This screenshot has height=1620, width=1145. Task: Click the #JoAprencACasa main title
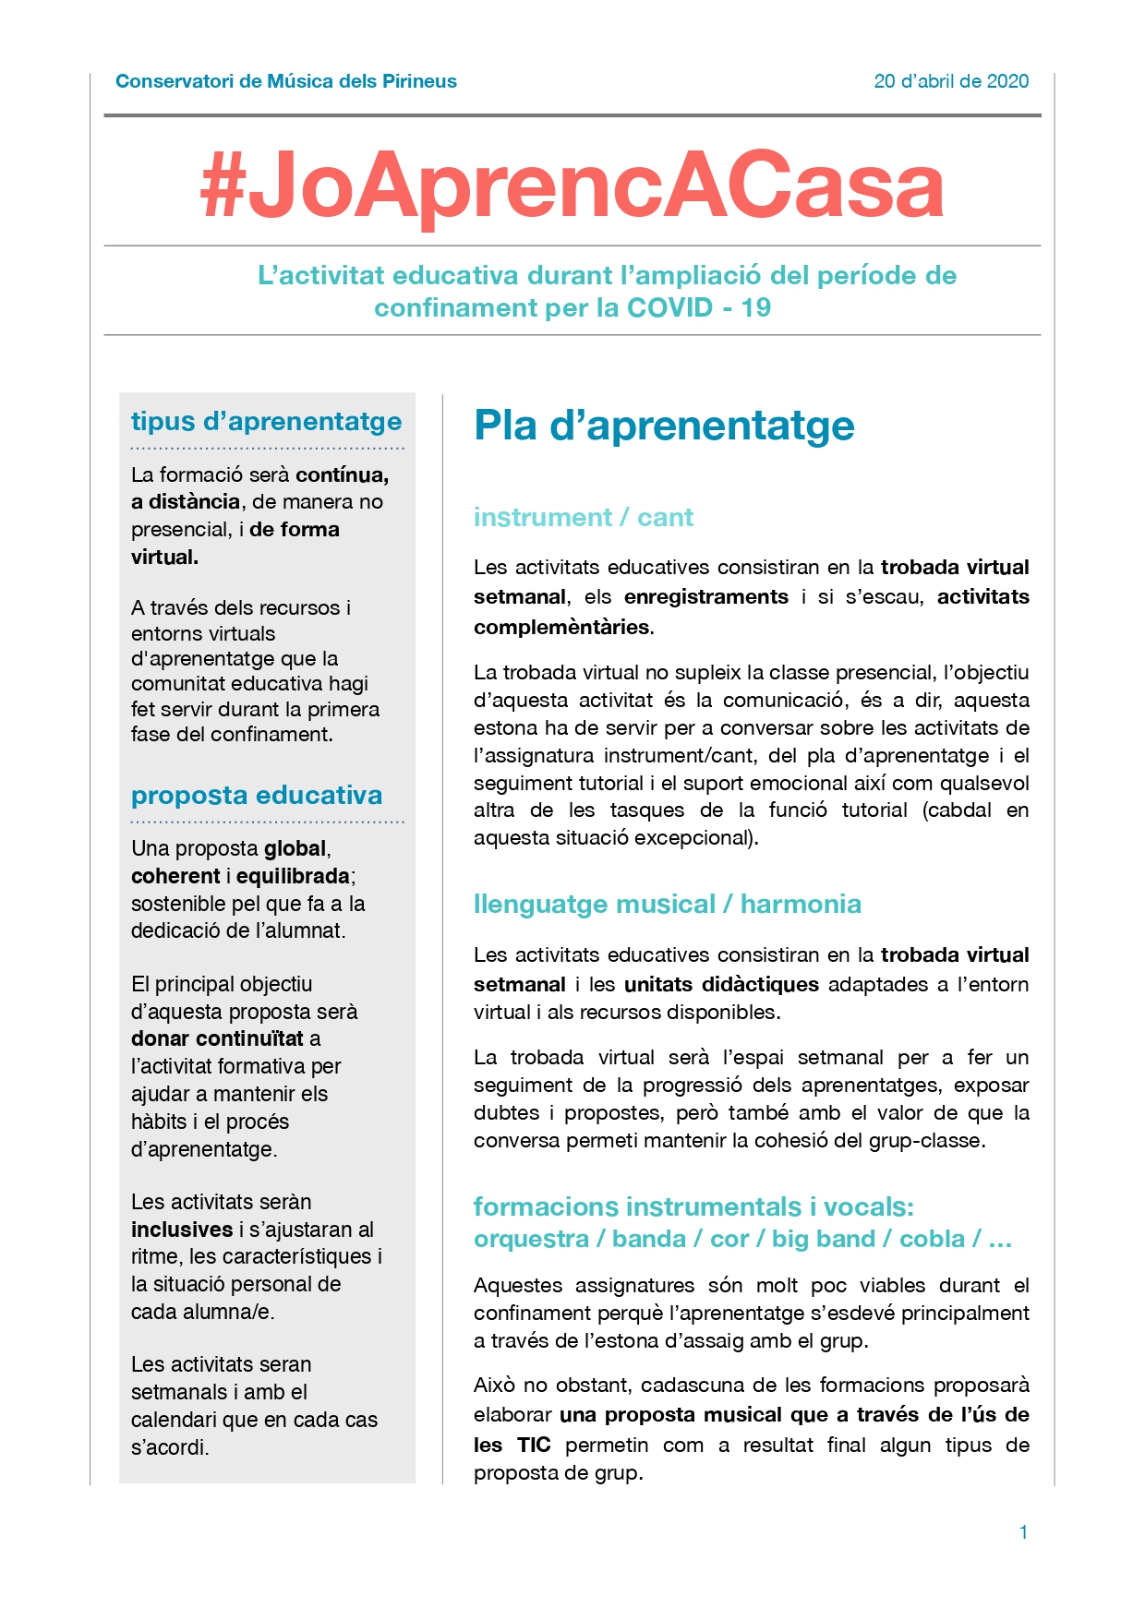572,186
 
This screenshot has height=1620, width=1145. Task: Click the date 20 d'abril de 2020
951,81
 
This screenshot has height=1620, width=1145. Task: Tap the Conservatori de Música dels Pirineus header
286,81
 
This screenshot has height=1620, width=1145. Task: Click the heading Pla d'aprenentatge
664,426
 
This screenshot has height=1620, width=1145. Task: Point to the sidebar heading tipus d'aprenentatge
266,421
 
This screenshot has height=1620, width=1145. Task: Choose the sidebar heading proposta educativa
257,795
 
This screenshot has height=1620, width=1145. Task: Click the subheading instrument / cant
583,517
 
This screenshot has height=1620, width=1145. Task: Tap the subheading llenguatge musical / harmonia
667,904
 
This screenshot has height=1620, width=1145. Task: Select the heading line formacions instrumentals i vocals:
693,1206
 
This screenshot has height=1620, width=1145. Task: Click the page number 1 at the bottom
1023,1532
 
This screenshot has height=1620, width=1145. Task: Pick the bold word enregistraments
706,596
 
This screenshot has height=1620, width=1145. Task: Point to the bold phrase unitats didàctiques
721,984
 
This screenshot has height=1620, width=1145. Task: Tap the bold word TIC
534,1445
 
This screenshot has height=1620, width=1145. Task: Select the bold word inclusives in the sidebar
182,1230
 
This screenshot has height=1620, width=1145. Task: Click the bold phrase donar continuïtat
217,1038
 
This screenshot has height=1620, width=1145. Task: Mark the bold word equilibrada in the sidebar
293,876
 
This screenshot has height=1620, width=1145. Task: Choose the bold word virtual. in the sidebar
164,557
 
